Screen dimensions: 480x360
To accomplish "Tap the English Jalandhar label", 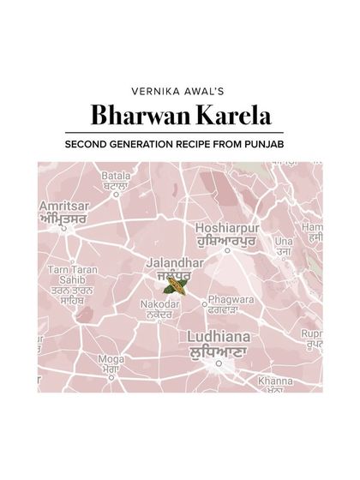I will [174, 261].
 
